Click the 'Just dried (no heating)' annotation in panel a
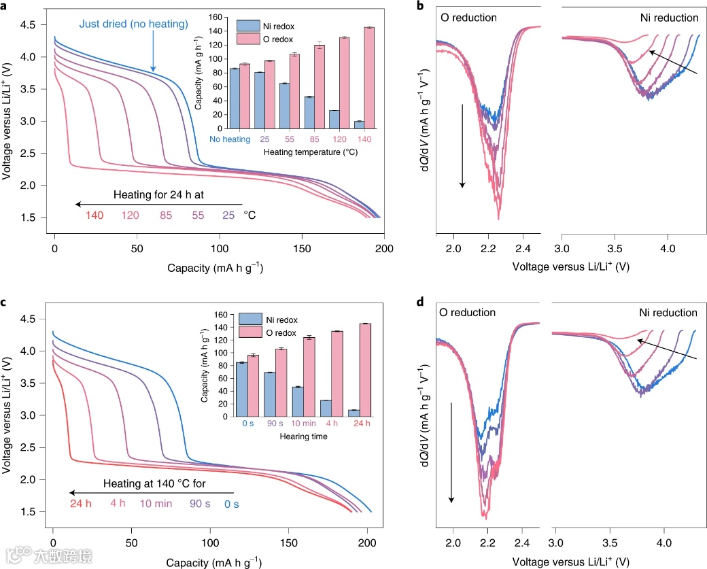133,24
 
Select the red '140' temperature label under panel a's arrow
95,215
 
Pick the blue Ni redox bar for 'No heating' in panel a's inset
235,98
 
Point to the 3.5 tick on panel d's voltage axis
610,543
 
